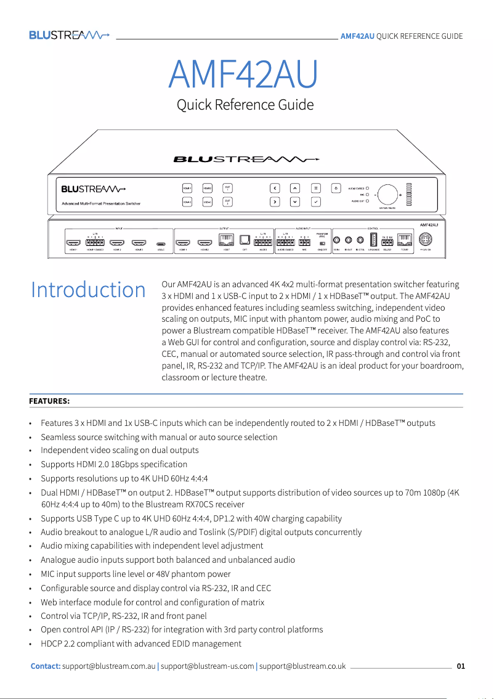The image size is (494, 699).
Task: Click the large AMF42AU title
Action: [x=243, y=74]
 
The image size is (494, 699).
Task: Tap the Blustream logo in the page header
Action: [x=69, y=35]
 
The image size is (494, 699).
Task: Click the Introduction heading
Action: [x=88, y=290]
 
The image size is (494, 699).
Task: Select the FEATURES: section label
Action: [x=49, y=401]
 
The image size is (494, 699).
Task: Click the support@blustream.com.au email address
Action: [x=109, y=666]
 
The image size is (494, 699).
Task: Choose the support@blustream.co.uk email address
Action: [x=302, y=666]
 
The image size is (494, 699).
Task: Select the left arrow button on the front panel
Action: [x=275, y=188]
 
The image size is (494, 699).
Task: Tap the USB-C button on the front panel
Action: [x=207, y=202]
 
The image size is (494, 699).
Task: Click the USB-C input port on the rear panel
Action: [x=160, y=243]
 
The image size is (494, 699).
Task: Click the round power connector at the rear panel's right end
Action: [x=426, y=240]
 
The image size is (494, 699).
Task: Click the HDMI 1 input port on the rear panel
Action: [x=73, y=243]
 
